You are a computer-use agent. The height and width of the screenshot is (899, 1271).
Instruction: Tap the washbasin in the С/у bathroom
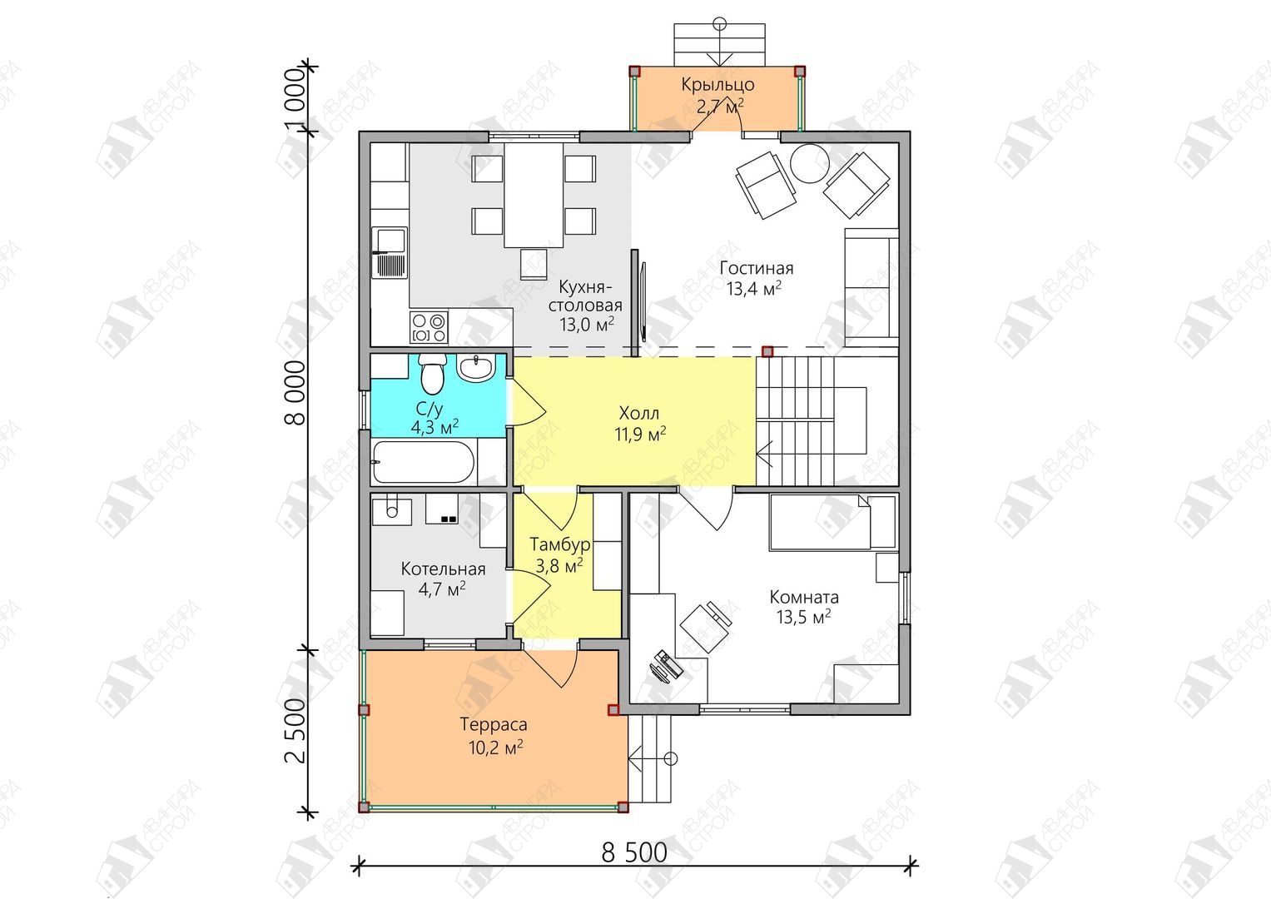click(477, 368)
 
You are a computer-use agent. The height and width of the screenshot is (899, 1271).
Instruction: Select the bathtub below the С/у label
click(424, 462)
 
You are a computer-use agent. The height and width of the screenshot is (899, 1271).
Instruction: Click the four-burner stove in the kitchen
click(429, 327)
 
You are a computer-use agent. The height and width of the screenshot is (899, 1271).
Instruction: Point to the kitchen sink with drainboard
click(390, 252)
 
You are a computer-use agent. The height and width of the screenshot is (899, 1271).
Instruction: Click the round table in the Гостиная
click(810, 163)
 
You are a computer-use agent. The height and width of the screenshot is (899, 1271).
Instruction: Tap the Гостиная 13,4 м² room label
click(756, 278)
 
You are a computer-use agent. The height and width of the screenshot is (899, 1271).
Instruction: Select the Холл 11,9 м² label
click(639, 424)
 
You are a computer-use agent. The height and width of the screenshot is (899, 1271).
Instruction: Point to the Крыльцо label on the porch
click(717, 85)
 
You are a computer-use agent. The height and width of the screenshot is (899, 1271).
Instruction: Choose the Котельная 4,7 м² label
click(443, 579)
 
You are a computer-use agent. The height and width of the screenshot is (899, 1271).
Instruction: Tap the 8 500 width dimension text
click(634, 852)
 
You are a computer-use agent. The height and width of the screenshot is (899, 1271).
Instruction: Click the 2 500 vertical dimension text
click(295, 731)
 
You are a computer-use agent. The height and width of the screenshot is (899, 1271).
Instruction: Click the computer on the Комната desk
click(666, 666)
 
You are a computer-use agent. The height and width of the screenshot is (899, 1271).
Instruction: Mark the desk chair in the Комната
click(705, 627)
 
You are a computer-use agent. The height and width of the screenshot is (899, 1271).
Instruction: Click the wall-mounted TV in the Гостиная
click(643, 300)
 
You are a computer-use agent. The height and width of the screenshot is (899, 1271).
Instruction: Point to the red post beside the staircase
click(767, 352)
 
